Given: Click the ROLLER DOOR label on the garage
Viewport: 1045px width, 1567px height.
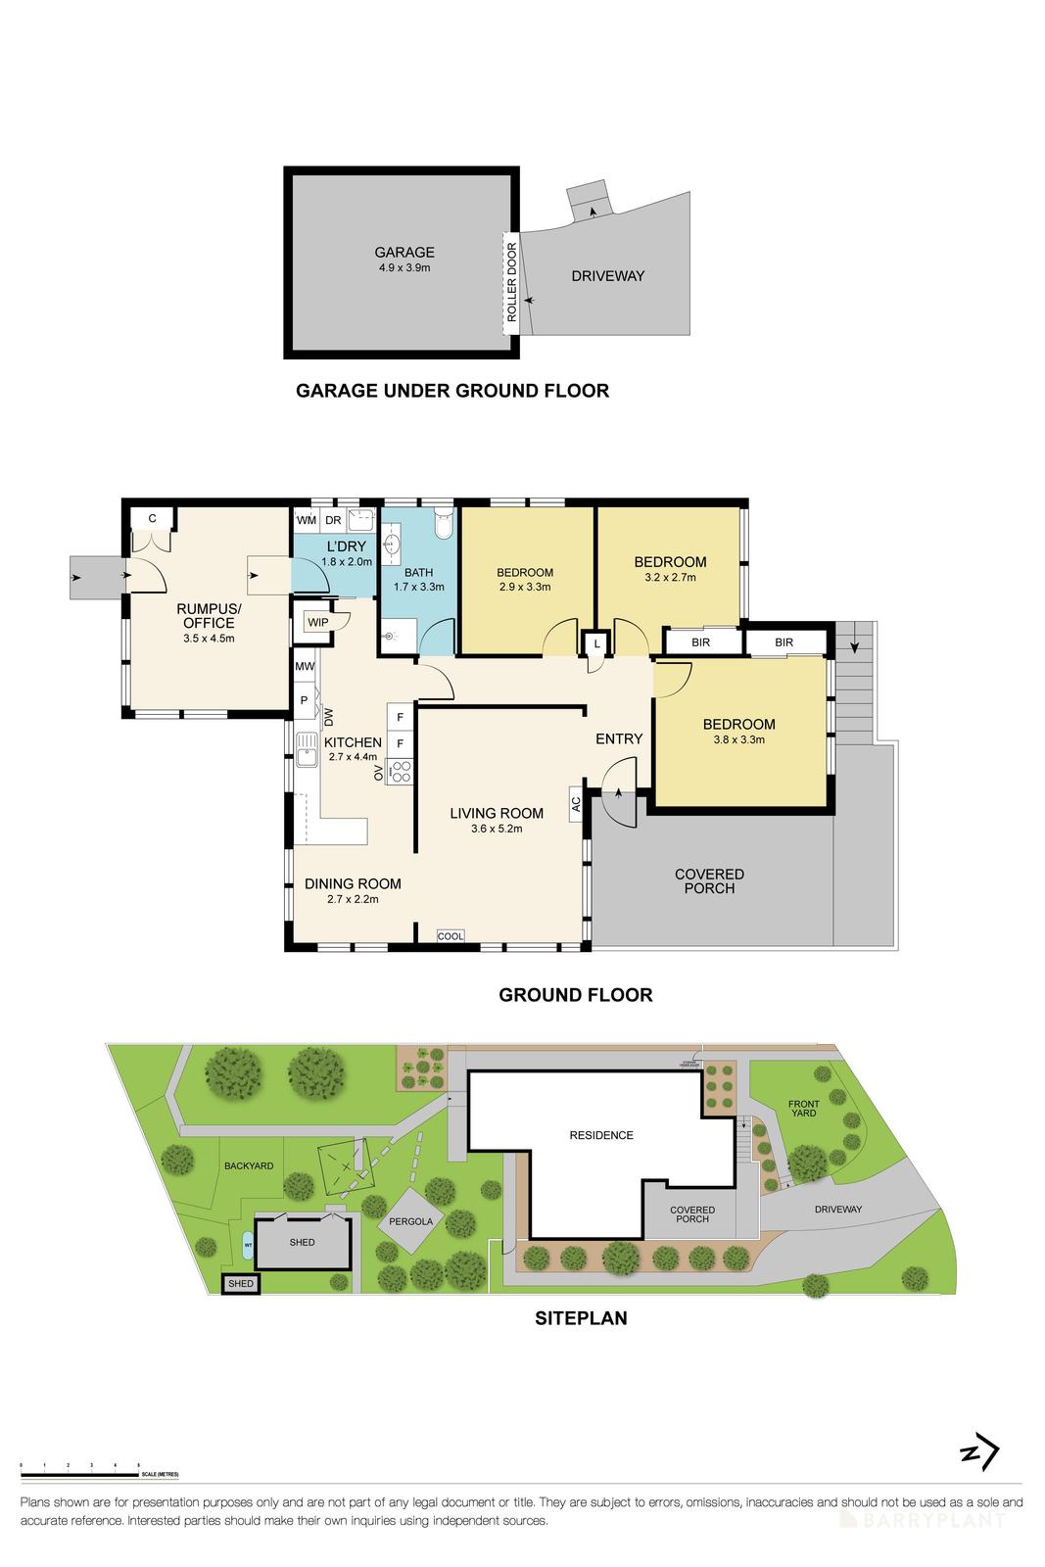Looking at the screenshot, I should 510,283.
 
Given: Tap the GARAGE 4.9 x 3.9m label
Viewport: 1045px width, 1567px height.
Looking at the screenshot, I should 404,259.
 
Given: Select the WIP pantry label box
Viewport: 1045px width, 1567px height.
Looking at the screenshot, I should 318,622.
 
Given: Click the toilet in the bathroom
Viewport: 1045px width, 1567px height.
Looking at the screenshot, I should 444,524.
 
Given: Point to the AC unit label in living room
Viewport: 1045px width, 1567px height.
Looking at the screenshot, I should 575,803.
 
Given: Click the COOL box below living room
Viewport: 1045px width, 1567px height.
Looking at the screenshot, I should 451,935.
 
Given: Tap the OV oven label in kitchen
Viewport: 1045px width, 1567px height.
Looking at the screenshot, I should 379,774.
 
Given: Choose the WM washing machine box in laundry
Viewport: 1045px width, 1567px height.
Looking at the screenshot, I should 307,520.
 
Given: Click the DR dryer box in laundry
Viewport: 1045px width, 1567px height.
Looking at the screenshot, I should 333,520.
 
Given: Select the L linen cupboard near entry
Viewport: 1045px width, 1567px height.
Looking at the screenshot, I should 597,642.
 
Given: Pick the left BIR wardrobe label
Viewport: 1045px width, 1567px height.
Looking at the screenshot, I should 700,642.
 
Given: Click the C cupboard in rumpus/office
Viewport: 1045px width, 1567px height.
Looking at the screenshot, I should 153,518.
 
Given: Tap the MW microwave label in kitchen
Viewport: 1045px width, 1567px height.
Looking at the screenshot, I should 305,667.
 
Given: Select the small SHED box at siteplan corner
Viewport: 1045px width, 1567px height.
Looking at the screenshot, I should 240,1283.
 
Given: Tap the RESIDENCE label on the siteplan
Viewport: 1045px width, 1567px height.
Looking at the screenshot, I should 601,1135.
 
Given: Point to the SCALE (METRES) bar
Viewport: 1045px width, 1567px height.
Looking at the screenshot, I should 98,1473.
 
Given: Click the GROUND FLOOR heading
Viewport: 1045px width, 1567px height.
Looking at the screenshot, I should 575,995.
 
